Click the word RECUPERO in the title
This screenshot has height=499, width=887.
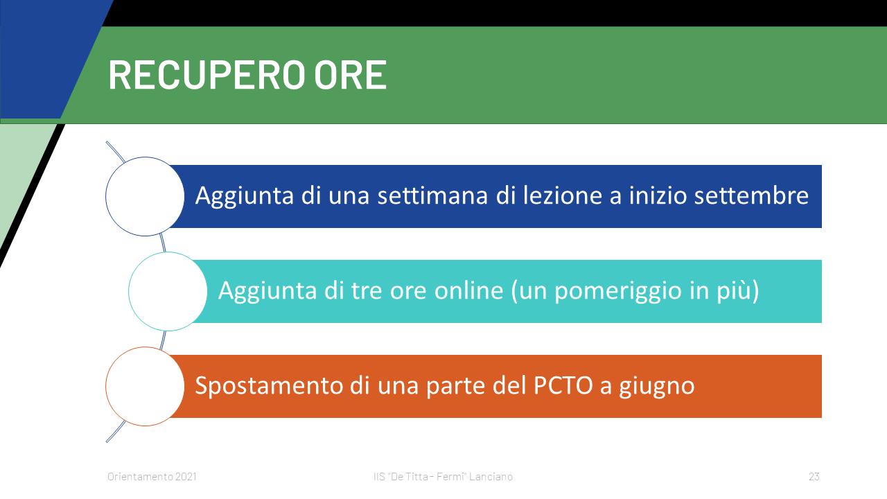click(207, 75)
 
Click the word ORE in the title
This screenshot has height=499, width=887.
click(351, 75)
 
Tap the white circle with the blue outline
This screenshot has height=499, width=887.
click(145, 196)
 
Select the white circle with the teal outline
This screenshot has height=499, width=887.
click(168, 292)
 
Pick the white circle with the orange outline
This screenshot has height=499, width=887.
click(145, 387)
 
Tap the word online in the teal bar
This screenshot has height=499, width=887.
click(469, 290)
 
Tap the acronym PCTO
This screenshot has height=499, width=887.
click(563, 385)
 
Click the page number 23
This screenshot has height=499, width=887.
click(814, 476)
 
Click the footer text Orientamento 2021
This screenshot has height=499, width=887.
click(152, 476)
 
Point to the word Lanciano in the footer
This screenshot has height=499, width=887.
click(491, 476)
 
